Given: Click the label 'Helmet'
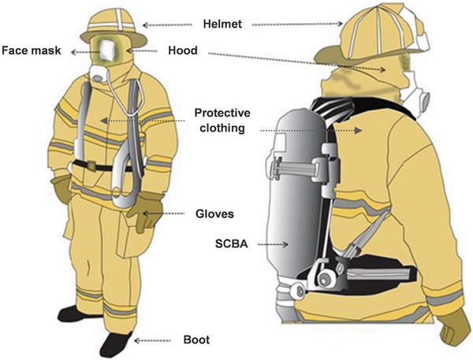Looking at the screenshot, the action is click(222, 24).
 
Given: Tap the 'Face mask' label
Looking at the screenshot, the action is click(32, 50).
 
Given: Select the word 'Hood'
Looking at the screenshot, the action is click(183, 50).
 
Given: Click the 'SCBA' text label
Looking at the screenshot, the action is click(232, 243).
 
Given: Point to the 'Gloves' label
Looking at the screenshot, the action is click(214, 214).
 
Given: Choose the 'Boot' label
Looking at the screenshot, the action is click(196, 340).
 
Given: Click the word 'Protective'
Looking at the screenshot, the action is click(222, 113).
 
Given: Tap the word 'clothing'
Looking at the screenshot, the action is click(222, 128).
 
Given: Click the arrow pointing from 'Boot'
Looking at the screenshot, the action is click(152, 341).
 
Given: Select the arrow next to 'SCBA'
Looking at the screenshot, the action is click(273, 244).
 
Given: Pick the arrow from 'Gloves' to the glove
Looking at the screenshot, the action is click(163, 213).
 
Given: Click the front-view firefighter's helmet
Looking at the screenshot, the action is click(114, 27).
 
